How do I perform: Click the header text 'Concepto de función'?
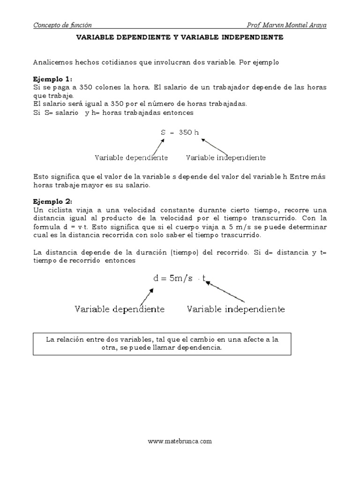62,25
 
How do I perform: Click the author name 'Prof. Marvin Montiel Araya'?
286,25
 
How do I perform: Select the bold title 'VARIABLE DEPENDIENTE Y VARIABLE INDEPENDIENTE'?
180,37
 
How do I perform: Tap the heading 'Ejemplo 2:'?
53,202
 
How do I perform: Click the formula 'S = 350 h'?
180,132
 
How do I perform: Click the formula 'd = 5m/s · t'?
180,278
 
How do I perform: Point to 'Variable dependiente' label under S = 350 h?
131,157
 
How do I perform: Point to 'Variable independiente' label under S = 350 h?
226,157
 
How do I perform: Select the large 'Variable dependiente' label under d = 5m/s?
120,309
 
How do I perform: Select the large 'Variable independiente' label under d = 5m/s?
236,309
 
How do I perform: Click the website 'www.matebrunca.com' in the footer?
180,441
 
